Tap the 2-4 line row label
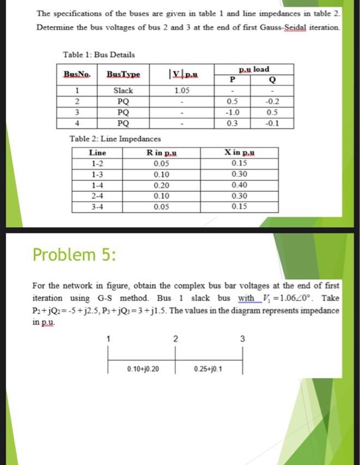(97, 196)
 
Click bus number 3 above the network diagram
(244, 339)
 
